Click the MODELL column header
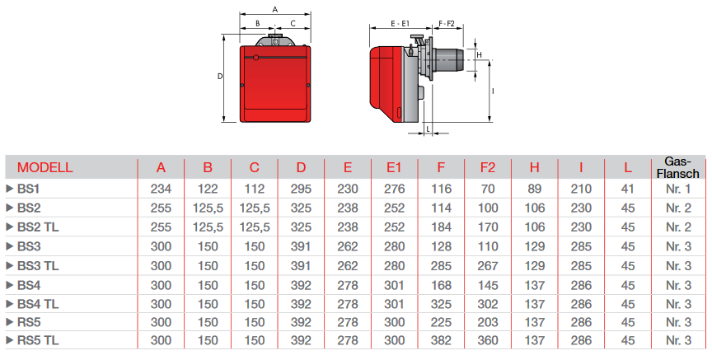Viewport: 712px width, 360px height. (x=45, y=168)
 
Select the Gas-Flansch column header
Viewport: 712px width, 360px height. (x=682, y=167)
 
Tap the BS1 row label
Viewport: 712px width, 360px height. (x=29, y=189)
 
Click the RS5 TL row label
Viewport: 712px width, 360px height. (x=39, y=340)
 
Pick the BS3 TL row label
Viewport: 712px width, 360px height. (x=39, y=264)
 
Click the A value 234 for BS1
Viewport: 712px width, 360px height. (x=161, y=189)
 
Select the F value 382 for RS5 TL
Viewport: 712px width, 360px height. (x=441, y=340)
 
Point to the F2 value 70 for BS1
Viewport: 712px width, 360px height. (x=488, y=189)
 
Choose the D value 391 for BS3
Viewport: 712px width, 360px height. (x=302, y=245)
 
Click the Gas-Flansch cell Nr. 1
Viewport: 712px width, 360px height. (x=682, y=189)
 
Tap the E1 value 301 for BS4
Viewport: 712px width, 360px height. (x=394, y=283)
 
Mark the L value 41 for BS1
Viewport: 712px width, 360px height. (x=628, y=189)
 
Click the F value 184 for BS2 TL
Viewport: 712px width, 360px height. (x=441, y=227)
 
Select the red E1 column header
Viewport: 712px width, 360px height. (x=394, y=168)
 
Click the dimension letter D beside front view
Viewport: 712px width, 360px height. (x=220, y=76)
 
